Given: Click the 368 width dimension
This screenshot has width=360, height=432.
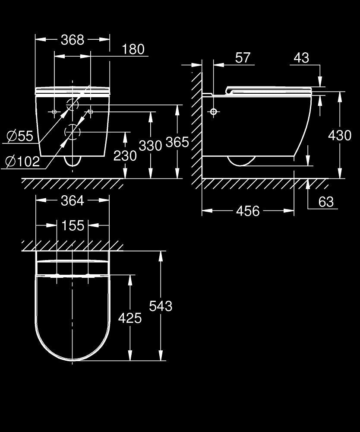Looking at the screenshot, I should tap(72, 40).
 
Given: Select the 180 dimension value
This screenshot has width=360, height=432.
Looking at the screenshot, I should tap(133, 49).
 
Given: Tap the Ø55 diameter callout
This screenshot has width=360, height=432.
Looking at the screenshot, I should tap(20, 136).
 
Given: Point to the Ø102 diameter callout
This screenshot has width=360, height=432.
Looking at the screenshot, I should tap(22, 162).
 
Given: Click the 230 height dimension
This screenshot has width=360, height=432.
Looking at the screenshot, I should tap(125, 155).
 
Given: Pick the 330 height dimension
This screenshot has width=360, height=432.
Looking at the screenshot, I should tap(150, 145).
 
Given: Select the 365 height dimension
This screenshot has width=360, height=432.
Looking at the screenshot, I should tap(177, 142).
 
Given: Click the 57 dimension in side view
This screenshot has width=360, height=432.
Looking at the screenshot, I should tap(243, 57).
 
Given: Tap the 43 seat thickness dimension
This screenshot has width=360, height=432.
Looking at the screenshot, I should tap(301, 57).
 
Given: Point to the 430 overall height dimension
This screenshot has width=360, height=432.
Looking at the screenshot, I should tap(340, 135).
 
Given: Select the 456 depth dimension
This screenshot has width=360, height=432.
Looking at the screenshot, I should tap(248, 211).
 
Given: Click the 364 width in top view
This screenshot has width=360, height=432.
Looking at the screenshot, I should tap(72, 200).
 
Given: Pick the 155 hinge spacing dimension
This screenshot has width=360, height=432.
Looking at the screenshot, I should tap(72, 225).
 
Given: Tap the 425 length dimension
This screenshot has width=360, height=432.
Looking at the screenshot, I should tap(129, 318).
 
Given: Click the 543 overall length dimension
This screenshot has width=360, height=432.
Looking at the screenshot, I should tap(160, 306).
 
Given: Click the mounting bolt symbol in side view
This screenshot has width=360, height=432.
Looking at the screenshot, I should tap(213, 112).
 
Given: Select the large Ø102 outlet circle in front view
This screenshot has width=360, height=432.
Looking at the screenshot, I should tap(72, 131).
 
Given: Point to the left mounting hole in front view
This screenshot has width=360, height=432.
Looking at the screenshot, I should tap(54, 112).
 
